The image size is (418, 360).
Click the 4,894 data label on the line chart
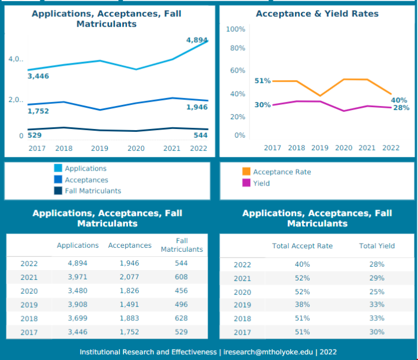pyautogui.click(x=197, y=40)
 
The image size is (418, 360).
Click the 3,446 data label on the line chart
pyautogui.click(x=38, y=76)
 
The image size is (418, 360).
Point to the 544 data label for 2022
pyautogui.click(x=200, y=135)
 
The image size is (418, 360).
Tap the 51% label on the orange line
pyautogui.click(x=263, y=81)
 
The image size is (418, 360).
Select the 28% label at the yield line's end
pyautogui.click(x=401, y=108)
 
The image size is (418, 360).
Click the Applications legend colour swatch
pyautogui.click(x=58, y=168)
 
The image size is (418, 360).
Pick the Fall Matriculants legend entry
pyautogui.click(x=93, y=191)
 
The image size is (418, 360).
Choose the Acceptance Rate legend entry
pyautogui.click(x=282, y=172)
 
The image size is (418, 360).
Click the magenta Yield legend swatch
pyautogui.click(x=247, y=183)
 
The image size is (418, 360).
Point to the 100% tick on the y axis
pyautogui.click(x=236, y=29)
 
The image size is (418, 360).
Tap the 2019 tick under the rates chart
pyautogui.click(x=320, y=148)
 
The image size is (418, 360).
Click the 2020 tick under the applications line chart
pyautogui.click(x=136, y=148)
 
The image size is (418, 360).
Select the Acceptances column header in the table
pyautogui.click(x=130, y=245)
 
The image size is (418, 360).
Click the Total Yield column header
pyautogui.click(x=377, y=246)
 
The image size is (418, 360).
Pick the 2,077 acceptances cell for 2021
pyautogui.click(x=130, y=277)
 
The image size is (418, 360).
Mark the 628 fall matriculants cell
pyautogui.click(x=182, y=319)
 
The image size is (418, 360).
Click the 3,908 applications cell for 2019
pyautogui.click(x=78, y=305)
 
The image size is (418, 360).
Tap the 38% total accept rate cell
pyautogui.click(x=303, y=305)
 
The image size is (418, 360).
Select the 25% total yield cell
pyautogui.click(x=377, y=291)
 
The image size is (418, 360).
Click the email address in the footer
pyautogui.click(x=269, y=352)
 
